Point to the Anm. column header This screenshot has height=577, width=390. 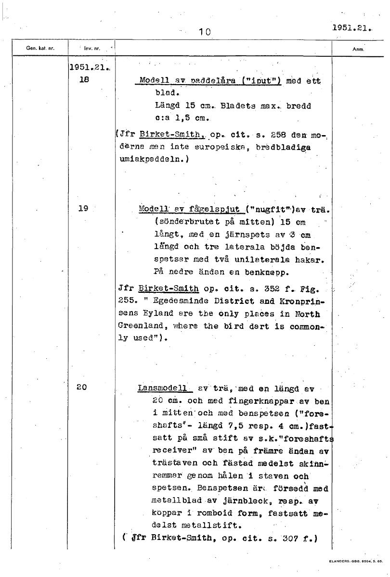359,49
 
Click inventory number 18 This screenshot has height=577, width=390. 84,81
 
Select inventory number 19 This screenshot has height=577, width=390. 84,209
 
